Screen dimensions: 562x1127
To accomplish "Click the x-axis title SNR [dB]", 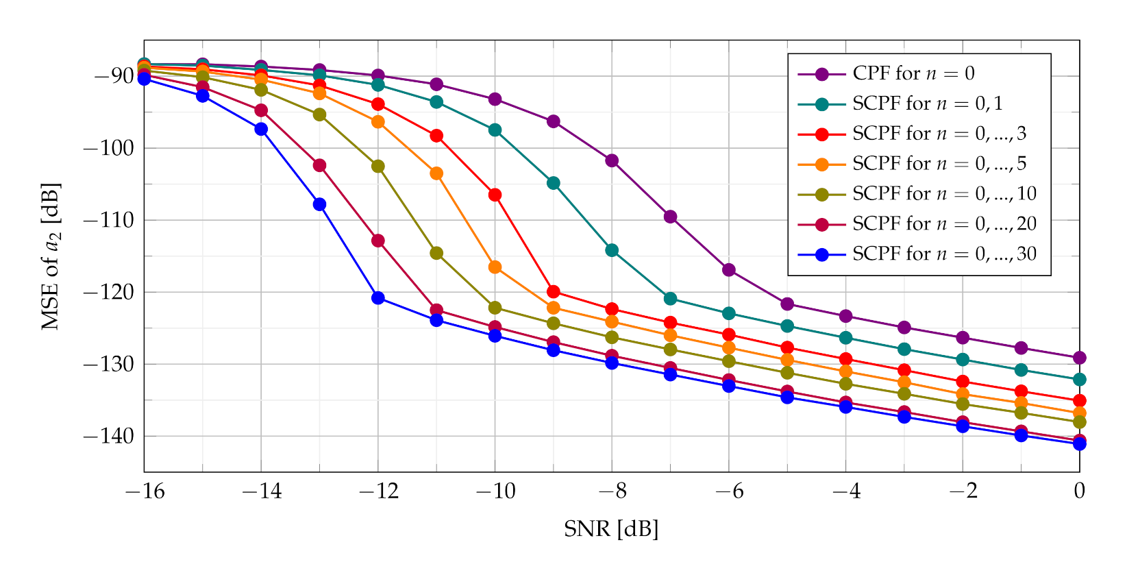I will pyautogui.click(x=610, y=529).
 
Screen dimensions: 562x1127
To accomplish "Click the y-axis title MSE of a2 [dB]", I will pyautogui.click(x=51, y=256).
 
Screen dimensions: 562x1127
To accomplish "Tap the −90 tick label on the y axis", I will pyautogui.click(x=112, y=75).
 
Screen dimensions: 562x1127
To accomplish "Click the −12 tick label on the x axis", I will pyautogui.click(x=378, y=491).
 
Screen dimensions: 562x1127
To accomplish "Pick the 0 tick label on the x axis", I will pyautogui.click(x=1079, y=491).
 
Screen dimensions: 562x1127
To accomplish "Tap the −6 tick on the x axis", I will pyautogui.click(x=729, y=491).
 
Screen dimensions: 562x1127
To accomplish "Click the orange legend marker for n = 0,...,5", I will pyautogui.click(x=821, y=164).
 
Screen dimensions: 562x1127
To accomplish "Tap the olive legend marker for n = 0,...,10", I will pyautogui.click(x=821, y=195).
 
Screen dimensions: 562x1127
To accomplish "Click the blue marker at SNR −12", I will pyautogui.click(x=378, y=297).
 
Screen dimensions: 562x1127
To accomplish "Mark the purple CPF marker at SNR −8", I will pyautogui.click(x=612, y=160).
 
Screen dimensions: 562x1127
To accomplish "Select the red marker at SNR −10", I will pyautogui.click(x=495, y=195).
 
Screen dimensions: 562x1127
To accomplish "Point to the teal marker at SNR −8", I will pyautogui.click(x=612, y=250).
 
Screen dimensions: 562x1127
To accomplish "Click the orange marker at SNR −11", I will pyautogui.click(x=436, y=173).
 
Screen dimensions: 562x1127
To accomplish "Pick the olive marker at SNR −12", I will pyautogui.click(x=378, y=166).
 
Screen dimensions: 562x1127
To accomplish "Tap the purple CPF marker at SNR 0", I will pyautogui.click(x=1079, y=358).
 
